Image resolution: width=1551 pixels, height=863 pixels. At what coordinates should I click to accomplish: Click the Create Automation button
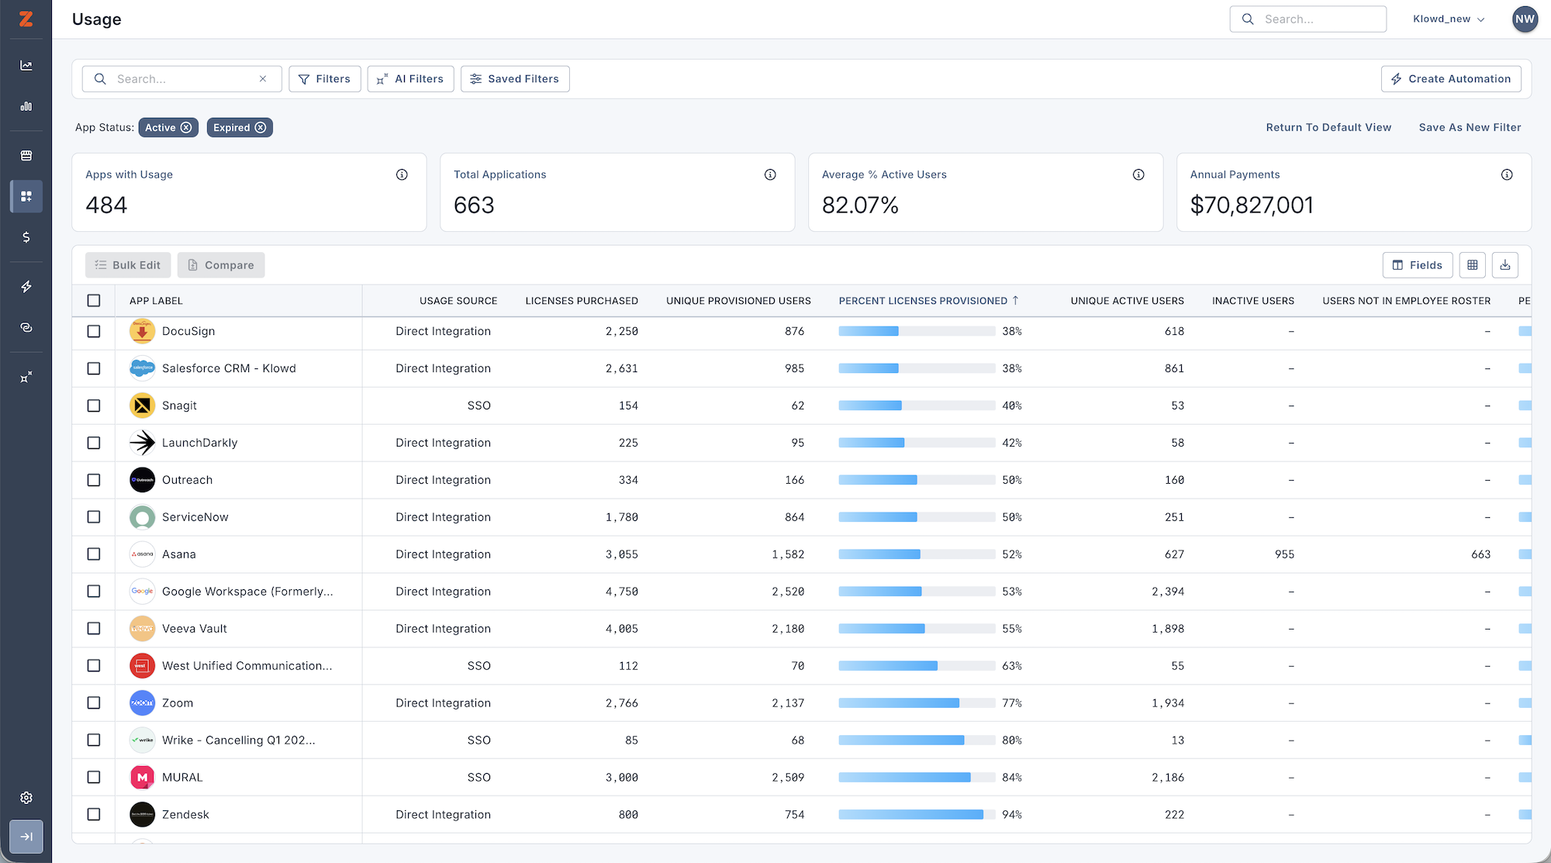[x=1451, y=79]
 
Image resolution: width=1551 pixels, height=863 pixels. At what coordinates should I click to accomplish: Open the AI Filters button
[x=410, y=79]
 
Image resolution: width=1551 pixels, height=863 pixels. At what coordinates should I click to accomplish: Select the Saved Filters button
[x=515, y=79]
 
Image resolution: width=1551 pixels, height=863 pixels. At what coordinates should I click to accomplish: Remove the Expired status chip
[x=261, y=128]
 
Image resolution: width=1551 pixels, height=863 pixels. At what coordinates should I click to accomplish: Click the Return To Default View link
[x=1328, y=128]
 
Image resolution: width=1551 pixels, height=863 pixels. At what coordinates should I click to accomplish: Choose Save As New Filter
[x=1470, y=128]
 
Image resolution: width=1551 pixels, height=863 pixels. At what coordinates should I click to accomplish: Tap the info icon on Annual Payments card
[x=1507, y=175]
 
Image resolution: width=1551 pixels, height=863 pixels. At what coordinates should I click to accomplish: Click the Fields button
[x=1418, y=265]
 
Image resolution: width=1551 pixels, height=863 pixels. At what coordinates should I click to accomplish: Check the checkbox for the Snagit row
[x=94, y=406]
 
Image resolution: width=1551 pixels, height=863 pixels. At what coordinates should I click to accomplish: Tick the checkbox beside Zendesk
[x=94, y=815]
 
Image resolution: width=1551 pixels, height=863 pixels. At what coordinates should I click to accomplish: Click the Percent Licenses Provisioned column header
[x=923, y=301]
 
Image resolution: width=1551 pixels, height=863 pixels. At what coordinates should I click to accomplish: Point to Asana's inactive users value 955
[x=1284, y=554]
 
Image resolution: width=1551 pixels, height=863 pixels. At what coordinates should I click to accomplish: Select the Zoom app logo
[x=142, y=703]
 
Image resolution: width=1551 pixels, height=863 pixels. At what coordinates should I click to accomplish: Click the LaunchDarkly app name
[x=199, y=443]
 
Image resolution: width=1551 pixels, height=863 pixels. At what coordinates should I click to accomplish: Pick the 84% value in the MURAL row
[x=1011, y=778]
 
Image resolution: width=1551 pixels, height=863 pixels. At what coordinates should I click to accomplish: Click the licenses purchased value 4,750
[x=621, y=592]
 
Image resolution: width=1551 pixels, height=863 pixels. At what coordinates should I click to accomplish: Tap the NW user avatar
[x=1525, y=19]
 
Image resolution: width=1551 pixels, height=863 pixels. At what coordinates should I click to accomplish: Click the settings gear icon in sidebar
[x=26, y=798]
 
